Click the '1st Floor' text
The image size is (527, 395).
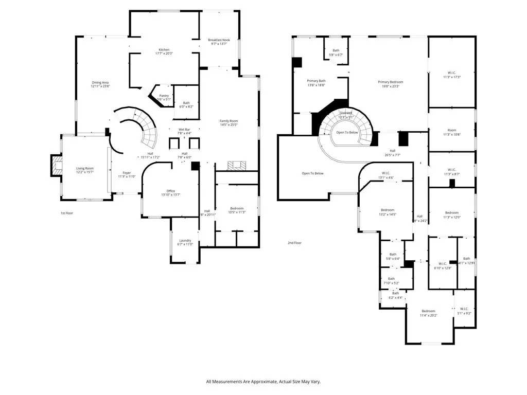[67, 213]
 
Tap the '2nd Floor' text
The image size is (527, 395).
[294, 243]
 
